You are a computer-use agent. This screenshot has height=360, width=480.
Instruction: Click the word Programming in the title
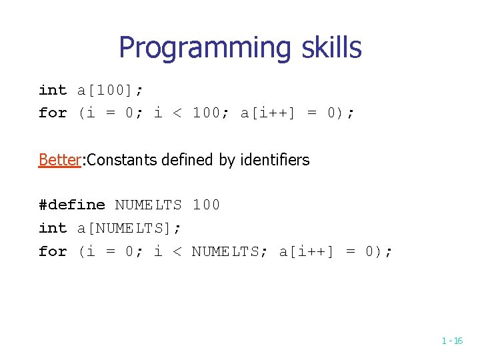[x=205, y=48]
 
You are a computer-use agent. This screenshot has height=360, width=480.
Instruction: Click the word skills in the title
[x=331, y=48]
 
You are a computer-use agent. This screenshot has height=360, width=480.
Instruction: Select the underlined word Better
[x=59, y=160]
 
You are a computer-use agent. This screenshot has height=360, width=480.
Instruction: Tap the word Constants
[x=119, y=160]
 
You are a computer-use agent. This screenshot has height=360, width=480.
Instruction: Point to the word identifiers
[x=278, y=160]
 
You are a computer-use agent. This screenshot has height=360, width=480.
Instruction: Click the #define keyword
[x=72, y=205]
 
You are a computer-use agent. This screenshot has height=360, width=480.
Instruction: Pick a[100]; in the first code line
[x=110, y=91]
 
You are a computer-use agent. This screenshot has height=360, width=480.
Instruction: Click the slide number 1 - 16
[x=452, y=341]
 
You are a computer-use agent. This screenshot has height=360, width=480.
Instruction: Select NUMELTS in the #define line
[x=149, y=205]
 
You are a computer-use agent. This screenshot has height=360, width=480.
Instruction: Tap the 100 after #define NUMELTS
[x=206, y=205]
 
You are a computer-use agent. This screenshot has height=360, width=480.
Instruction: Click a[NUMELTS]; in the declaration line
[x=129, y=228]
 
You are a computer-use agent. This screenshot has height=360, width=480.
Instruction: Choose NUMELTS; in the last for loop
[x=230, y=251]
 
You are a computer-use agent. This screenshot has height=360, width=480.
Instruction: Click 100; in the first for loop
[x=211, y=113]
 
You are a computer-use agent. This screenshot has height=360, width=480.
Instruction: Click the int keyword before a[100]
[x=53, y=91]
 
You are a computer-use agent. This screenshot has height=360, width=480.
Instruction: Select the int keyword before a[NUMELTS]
[x=53, y=228]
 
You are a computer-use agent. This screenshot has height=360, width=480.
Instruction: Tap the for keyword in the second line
[x=53, y=113]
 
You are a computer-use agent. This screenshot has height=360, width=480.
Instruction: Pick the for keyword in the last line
[x=53, y=251]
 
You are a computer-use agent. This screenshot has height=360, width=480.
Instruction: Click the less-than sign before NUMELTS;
[x=177, y=251]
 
